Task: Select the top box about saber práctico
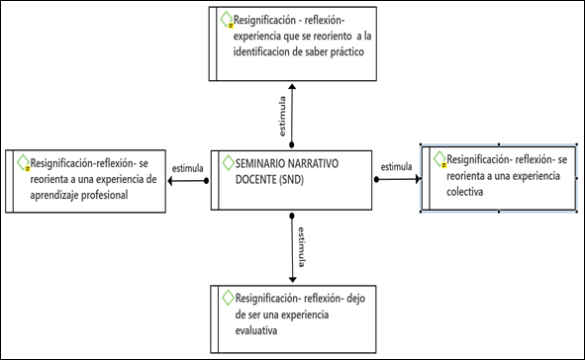tap(291, 44)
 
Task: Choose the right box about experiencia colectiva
tap(499, 178)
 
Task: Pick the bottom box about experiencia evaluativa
tap(291, 315)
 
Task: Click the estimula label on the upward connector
tap(280, 116)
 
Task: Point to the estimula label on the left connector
tap(188, 168)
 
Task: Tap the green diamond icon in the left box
tap(22, 161)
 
